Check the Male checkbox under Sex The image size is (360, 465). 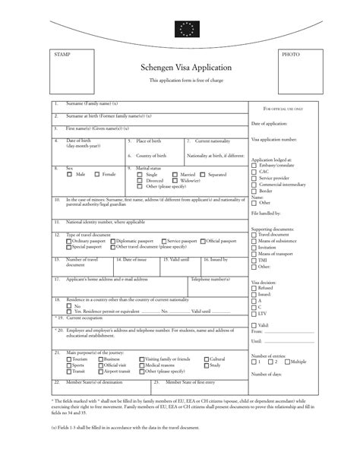(70, 174)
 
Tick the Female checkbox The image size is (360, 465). (96, 174)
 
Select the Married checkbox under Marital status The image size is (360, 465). (175, 174)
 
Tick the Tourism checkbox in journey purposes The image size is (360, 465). (69, 359)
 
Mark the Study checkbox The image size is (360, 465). (205, 365)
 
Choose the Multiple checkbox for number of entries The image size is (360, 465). (286, 362)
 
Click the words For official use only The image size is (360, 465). (283, 109)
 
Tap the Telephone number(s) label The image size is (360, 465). (210, 280)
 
